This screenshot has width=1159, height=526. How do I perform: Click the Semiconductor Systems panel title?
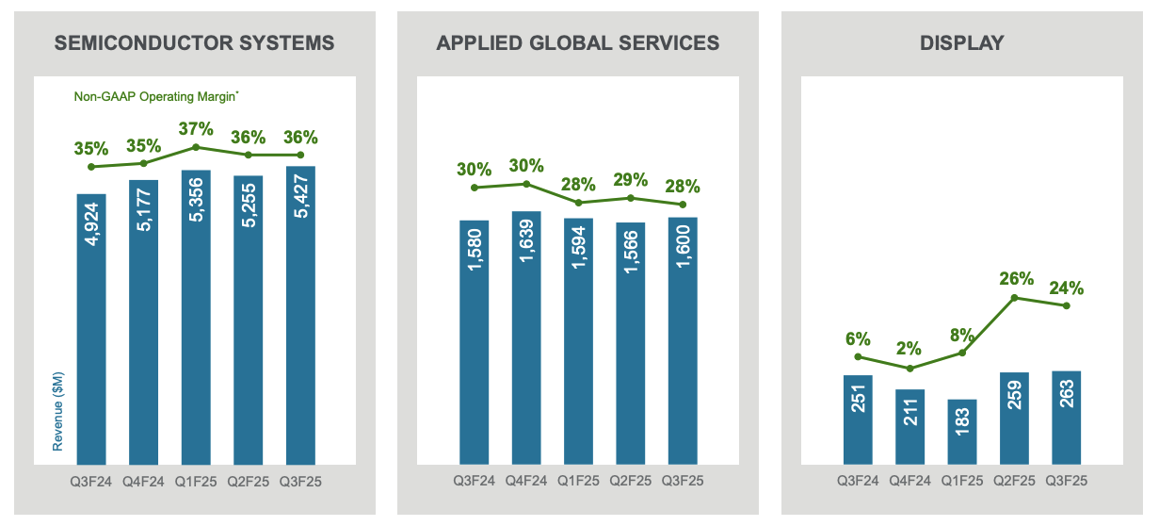[x=195, y=42]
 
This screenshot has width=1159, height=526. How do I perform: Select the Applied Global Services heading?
[x=578, y=42]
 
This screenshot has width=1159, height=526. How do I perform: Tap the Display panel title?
[x=961, y=42]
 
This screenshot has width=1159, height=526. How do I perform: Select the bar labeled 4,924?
[x=91, y=329]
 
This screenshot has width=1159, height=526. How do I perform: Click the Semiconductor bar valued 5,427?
[x=300, y=315]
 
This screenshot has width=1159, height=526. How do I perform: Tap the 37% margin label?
[x=196, y=129]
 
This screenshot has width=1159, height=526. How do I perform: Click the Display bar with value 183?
[x=962, y=432]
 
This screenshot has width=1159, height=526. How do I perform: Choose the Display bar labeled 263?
[x=1067, y=418]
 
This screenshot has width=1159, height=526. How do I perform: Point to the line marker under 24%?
[x=1067, y=305]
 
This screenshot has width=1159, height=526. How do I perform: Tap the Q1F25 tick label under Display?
[x=962, y=481]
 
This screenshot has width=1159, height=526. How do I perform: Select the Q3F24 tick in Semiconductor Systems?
[x=91, y=481]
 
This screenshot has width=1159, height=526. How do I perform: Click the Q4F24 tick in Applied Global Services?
[x=526, y=481]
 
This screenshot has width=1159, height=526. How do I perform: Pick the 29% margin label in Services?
[x=631, y=179]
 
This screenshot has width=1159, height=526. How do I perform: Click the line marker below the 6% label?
[x=858, y=356]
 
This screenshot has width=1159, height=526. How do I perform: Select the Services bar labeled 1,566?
[x=631, y=343]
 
